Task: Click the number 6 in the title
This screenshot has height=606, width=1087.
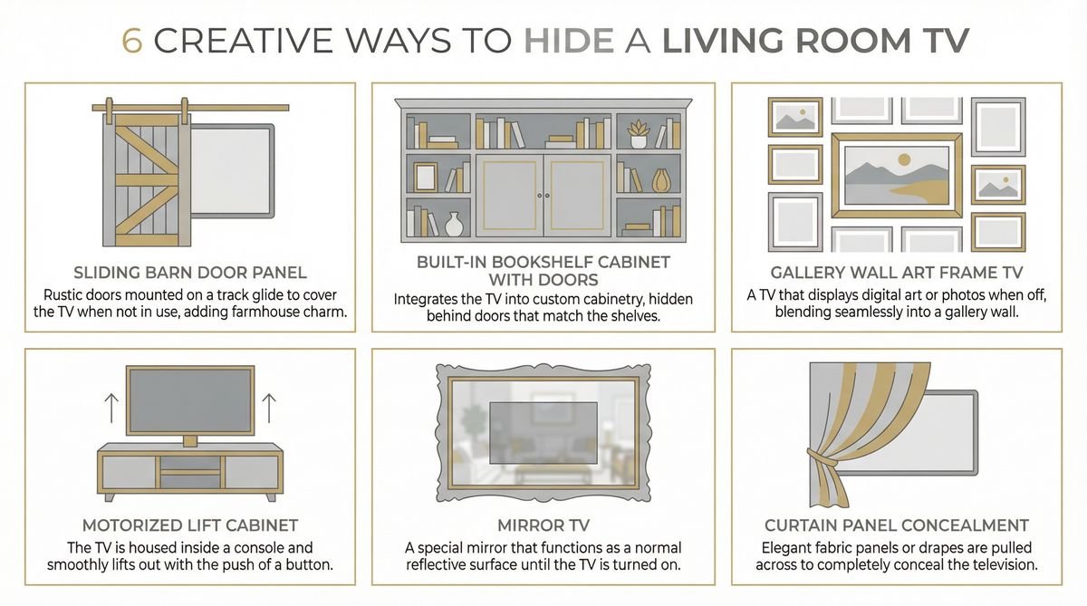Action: click(131, 40)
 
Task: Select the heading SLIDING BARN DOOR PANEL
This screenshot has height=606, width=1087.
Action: click(189, 273)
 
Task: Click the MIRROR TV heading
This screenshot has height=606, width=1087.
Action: click(543, 525)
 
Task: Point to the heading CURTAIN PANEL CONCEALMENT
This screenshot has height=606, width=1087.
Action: click(896, 525)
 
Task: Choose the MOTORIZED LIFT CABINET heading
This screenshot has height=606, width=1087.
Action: click(189, 525)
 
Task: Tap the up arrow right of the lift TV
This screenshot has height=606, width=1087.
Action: click(268, 409)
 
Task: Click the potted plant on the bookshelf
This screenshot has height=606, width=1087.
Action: click(638, 133)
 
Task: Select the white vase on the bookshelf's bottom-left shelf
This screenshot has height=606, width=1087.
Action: click(454, 224)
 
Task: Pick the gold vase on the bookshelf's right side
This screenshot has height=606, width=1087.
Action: click(660, 179)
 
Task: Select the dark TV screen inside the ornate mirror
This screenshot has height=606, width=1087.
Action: click(543, 431)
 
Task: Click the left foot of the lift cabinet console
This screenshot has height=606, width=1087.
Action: click(111, 496)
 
